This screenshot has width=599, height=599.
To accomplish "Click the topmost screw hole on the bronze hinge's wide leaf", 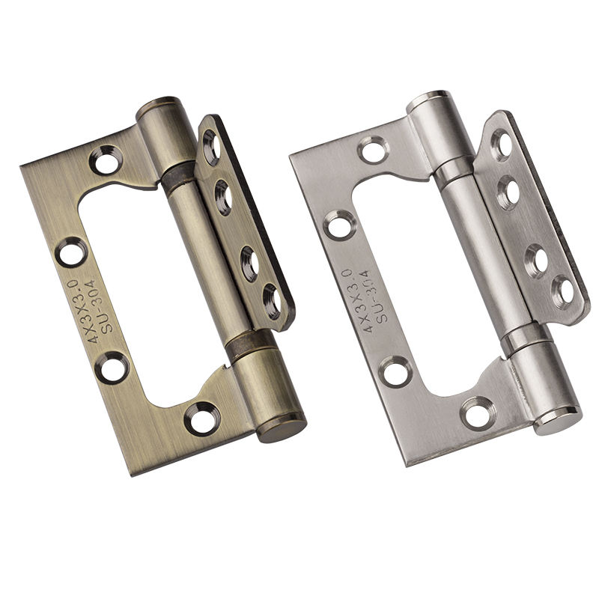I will coord(106,159).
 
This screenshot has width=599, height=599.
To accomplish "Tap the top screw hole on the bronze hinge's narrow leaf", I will coord(211,145).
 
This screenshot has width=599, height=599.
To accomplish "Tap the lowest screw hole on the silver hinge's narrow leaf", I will coord(563,291).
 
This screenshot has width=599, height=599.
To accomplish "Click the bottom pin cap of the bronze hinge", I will coord(282,428).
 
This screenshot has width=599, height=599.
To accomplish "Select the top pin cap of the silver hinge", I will coord(428,100).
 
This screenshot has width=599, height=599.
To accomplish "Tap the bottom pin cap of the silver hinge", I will coord(558,419).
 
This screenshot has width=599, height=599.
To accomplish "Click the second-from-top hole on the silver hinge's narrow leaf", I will coord(509,191).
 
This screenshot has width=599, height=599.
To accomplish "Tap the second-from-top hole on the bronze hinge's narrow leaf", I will coord(222,197).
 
